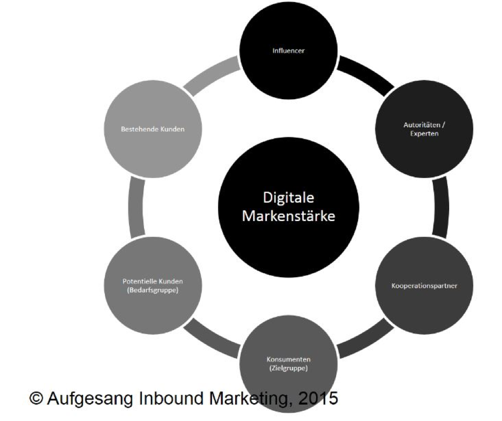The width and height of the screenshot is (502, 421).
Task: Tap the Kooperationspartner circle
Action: (x=424, y=285)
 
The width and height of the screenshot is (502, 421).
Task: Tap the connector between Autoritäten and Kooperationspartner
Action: (x=440, y=208)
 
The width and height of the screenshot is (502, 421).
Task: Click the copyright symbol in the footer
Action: (x=36, y=399)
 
